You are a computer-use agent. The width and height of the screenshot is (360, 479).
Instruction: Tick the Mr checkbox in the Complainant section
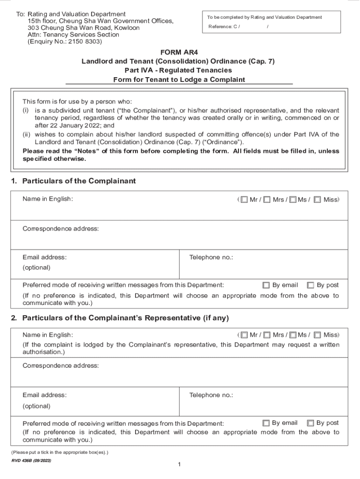pyautogui.click(x=244, y=200)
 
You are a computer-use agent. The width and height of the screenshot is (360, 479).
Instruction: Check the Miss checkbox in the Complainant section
pyautogui.click(x=317, y=200)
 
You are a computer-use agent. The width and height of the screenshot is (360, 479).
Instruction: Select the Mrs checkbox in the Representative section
pyautogui.click(x=266, y=335)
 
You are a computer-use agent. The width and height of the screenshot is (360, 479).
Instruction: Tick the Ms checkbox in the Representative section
pyautogui.click(x=293, y=335)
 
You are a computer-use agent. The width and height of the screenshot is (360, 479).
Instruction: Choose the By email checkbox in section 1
pyautogui.click(x=266, y=285)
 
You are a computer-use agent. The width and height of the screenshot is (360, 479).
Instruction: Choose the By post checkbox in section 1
pyautogui.click(x=310, y=285)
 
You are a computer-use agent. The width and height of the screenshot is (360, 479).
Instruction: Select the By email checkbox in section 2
pyautogui.click(x=266, y=423)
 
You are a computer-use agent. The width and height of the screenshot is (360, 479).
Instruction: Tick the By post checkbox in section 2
pyautogui.click(x=310, y=423)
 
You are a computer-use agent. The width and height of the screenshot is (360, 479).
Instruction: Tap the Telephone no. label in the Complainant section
pyautogui.click(x=211, y=257)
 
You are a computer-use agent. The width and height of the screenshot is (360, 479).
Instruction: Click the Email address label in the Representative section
pyautogui.click(x=44, y=395)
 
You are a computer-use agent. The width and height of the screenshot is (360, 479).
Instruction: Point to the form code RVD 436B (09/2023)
pyautogui.click(x=31, y=461)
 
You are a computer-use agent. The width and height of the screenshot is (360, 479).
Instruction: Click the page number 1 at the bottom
pyautogui.click(x=180, y=464)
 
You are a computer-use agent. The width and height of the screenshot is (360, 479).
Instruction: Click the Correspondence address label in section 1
pyautogui.click(x=61, y=229)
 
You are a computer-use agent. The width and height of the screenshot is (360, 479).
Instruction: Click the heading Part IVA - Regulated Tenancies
pyautogui.click(x=179, y=70)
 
